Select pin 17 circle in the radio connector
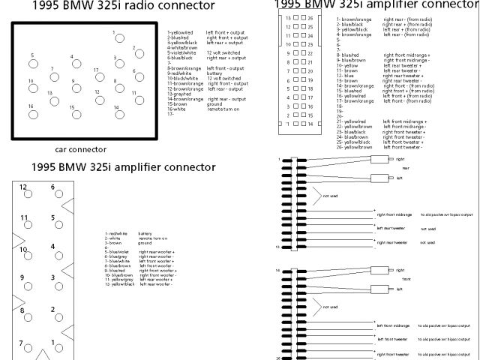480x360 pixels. coord(97,78)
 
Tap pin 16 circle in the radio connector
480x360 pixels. coord(31,114)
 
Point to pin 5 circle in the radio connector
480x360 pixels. coord(31,62)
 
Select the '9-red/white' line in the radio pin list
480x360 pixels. coord(181,73)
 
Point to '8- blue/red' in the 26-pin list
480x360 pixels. coord(348,55)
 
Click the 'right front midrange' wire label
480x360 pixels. coord(394,214)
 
